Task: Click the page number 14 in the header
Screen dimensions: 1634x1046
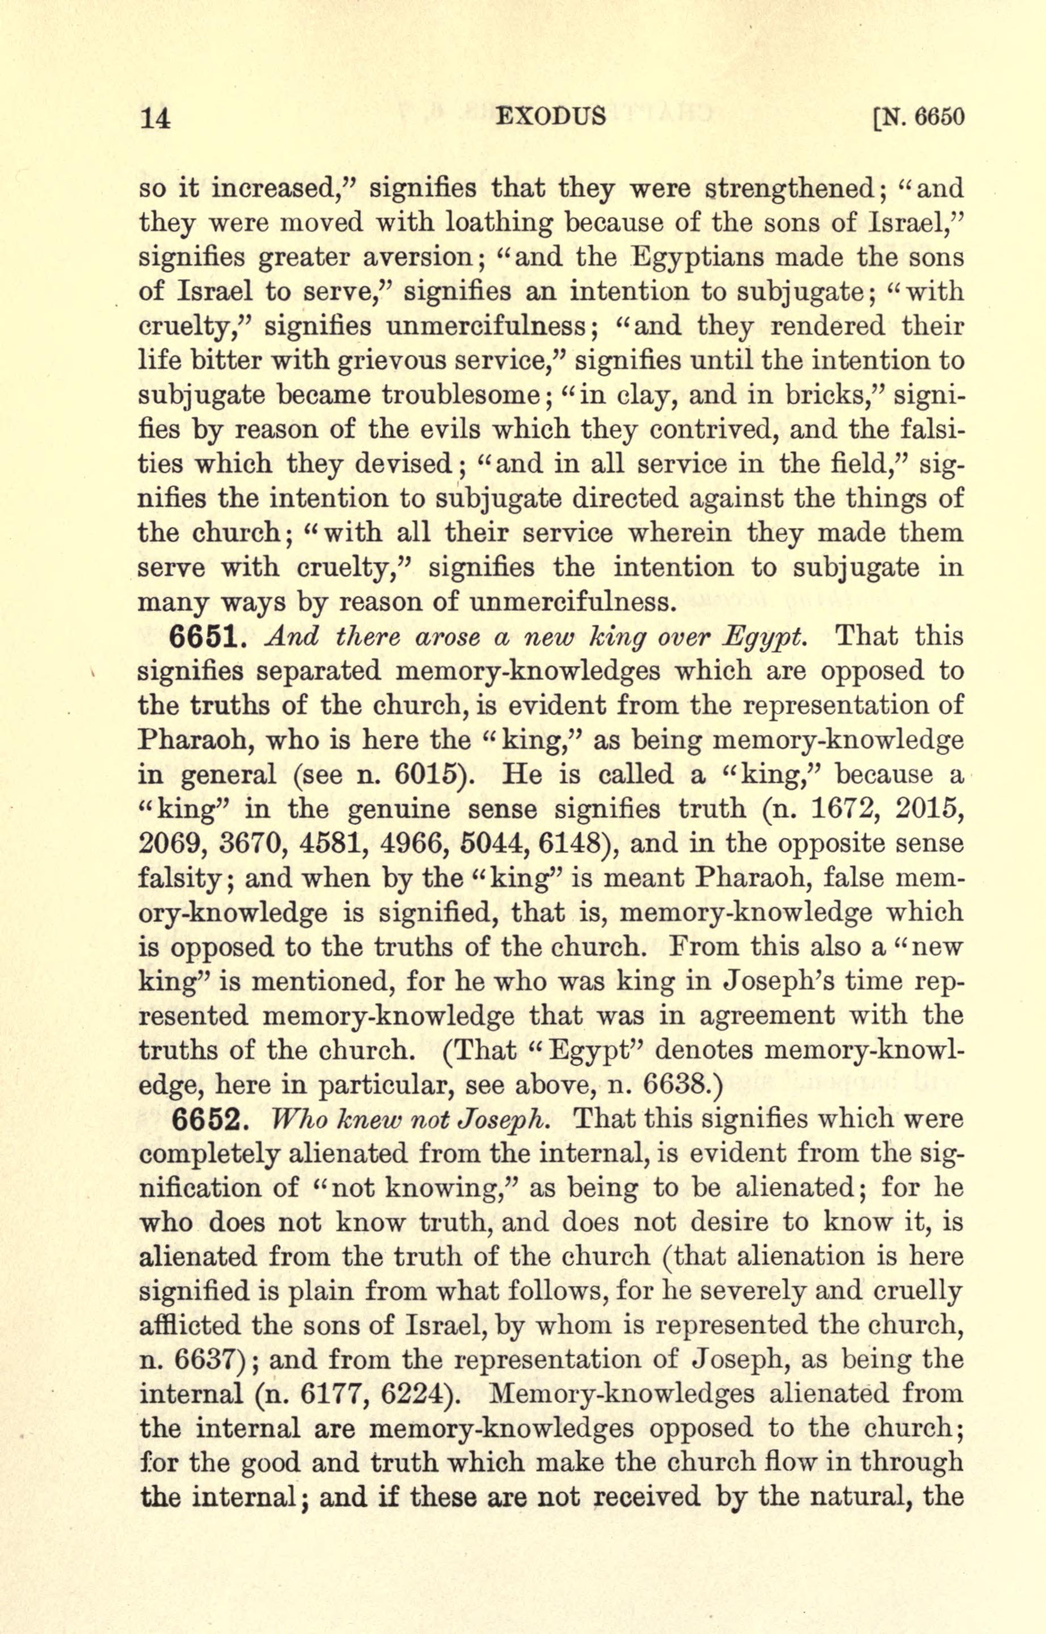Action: point(154,118)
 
